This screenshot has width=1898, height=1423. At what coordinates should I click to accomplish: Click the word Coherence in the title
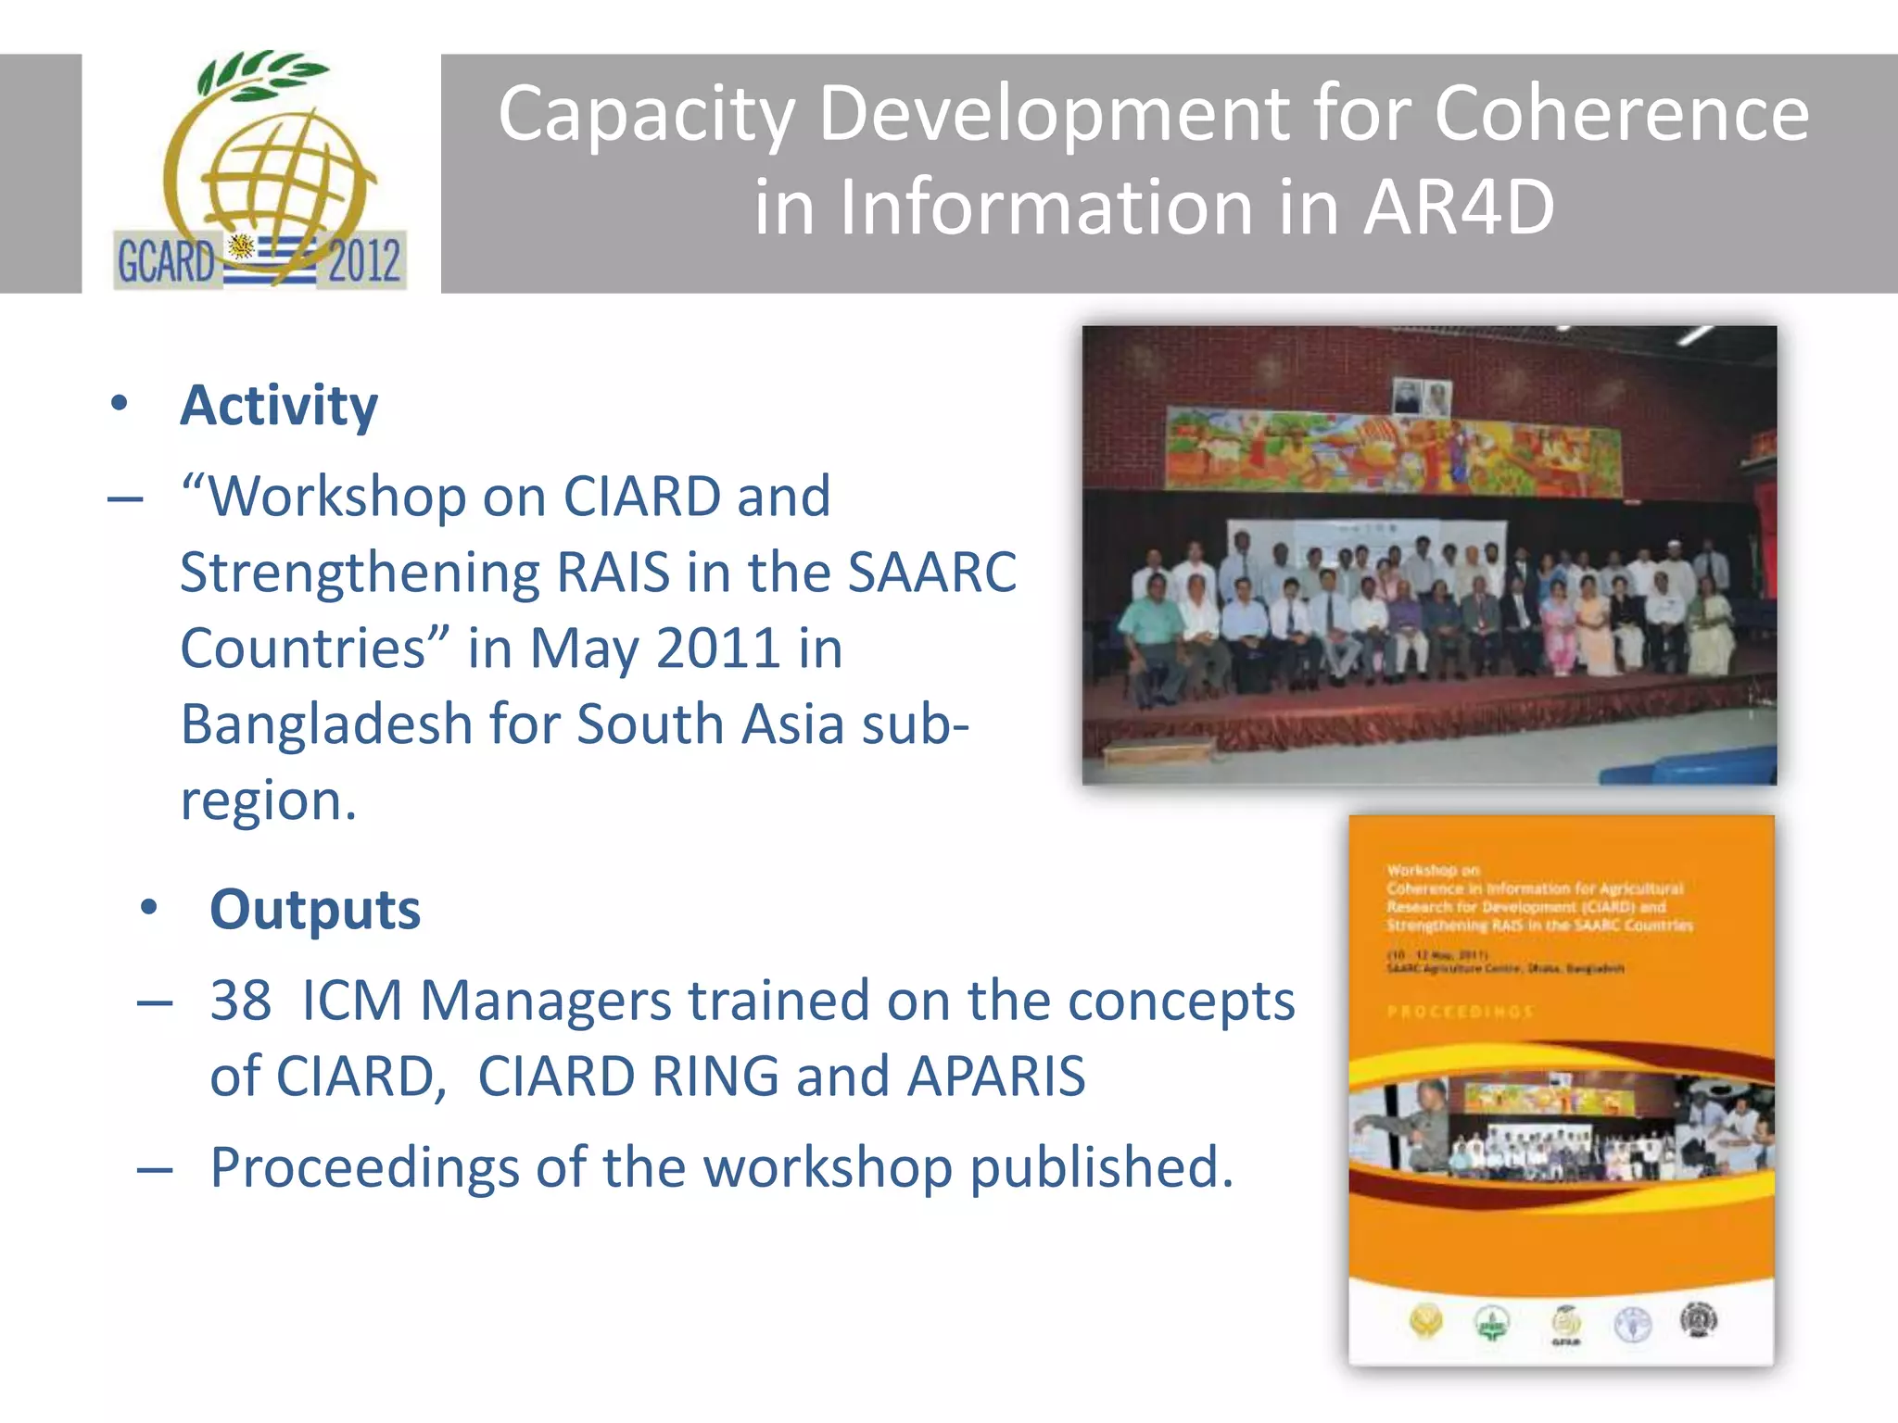[x=1621, y=113]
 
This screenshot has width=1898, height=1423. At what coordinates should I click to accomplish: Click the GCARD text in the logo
[x=166, y=261]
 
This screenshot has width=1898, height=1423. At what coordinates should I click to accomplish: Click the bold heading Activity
[x=279, y=406]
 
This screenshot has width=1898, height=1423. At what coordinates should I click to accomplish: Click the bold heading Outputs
[x=315, y=910]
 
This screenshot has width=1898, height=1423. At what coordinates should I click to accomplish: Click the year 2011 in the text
[x=717, y=649]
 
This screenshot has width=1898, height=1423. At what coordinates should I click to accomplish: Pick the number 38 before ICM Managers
[x=241, y=1001]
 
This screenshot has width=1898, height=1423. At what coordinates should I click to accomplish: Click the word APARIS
[x=995, y=1077]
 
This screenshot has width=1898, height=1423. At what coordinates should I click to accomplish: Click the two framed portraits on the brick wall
[x=1423, y=397]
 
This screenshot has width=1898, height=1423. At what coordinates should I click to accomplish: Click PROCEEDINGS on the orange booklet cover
[x=1460, y=1012]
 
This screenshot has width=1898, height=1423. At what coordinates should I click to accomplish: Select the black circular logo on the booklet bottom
[x=1699, y=1319]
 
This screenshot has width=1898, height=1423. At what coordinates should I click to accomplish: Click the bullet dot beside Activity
[x=119, y=404]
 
